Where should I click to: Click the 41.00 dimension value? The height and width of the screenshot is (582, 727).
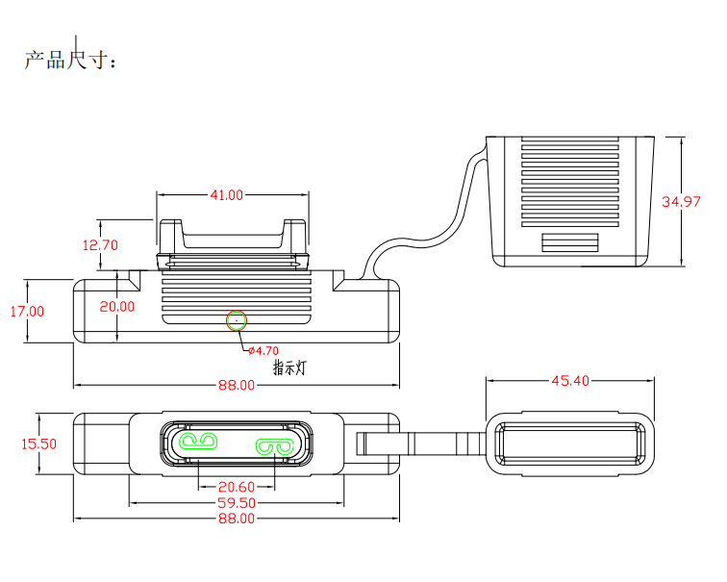pyautogui.click(x=227, y=195)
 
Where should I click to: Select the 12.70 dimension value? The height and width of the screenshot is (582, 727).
pyautogui.click(x=100, y=245)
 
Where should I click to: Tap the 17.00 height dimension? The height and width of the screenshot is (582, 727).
pyautogui.click(x=28, y=311)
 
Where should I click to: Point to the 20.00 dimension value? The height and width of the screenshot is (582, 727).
pyautogui.click(x=116, y=307)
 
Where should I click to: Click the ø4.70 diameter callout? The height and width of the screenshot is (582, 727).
pyautogui.click(x=263, y=350)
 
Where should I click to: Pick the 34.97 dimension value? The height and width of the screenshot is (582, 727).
pyautogui.click(x=682, y=202)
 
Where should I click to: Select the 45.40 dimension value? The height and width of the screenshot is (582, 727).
pyautogui.click(x=569, y=381)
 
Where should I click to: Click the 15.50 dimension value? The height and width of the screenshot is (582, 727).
pyautogui.click(x=38, y=444)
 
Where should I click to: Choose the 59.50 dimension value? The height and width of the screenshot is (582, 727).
pyautogui.click(x=237, y=503)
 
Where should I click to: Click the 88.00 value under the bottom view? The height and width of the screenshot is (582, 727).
pyautogui.click(x=237, y=519)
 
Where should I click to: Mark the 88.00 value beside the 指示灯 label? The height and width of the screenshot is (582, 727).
pyautogui.click(x=237, y=386)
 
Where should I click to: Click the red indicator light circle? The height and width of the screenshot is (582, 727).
pyautogui.click(x=237, y=319)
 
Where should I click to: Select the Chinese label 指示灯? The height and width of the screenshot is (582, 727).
pyautogui.click(x=289, y=367)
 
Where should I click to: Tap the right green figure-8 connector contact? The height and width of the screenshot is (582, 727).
pyautogui.click(x=274, y=446)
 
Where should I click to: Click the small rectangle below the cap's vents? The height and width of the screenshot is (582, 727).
pyautogui.click(x=571, y=241)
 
